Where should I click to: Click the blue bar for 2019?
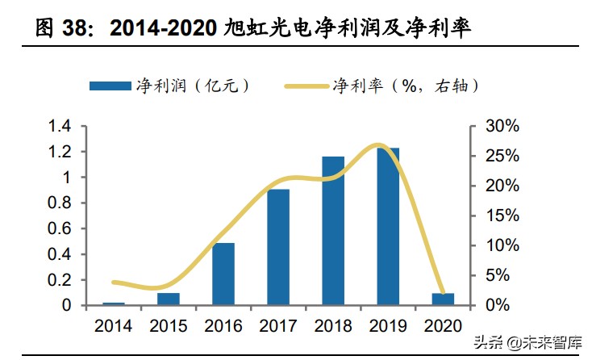click(x=388, y=227)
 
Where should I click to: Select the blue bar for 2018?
click(x=333, y=231)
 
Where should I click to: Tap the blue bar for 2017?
click(x=278, y=247)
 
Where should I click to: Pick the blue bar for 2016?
click(x=223, y=274)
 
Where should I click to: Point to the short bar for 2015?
click(x=169, y=299)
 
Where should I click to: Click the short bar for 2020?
click(x=443, y=299)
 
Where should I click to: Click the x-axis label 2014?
click(x=114, y=326)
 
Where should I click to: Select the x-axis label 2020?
click(x=443, y=326)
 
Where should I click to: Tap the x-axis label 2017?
click(x=278, y=326)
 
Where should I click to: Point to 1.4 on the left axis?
click(x=60, y=127)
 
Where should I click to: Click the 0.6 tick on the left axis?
click(x=60, y=229)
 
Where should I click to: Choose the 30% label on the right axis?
click(x=502, y=127)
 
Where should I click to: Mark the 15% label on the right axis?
click(x=502, y=216)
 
